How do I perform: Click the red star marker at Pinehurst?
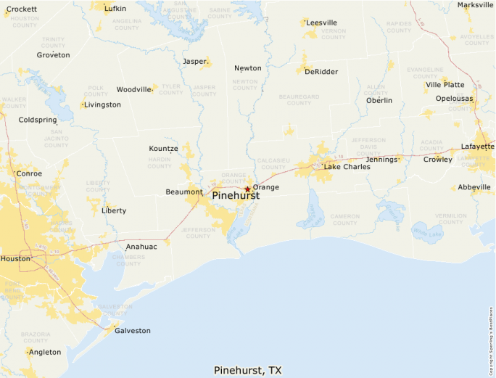[x=247, y=189]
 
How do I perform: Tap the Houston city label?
[x=15, y=258]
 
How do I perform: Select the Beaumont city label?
[x=184, y=192]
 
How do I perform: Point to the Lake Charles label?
[x=347, y=167]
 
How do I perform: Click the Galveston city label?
[x=132, y=331]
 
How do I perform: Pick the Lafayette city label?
[x=478, y=147]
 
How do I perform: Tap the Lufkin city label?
[x=115, y=9]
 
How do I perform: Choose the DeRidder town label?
[x=322, y=72]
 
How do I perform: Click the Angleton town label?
[x=45, y=353]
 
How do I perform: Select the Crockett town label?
[x=21, y=9]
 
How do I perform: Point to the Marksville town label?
[x=476, y=5]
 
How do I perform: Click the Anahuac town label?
[x=141, y=247]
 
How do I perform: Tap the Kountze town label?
[x=163, y=149]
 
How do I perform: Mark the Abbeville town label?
[x=474, y=187]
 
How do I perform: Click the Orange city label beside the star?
[x=265, y=187]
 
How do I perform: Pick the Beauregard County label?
[x=298, y=99]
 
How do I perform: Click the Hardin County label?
[x=160, y=163]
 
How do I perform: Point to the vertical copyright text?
[x=491, y=334]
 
